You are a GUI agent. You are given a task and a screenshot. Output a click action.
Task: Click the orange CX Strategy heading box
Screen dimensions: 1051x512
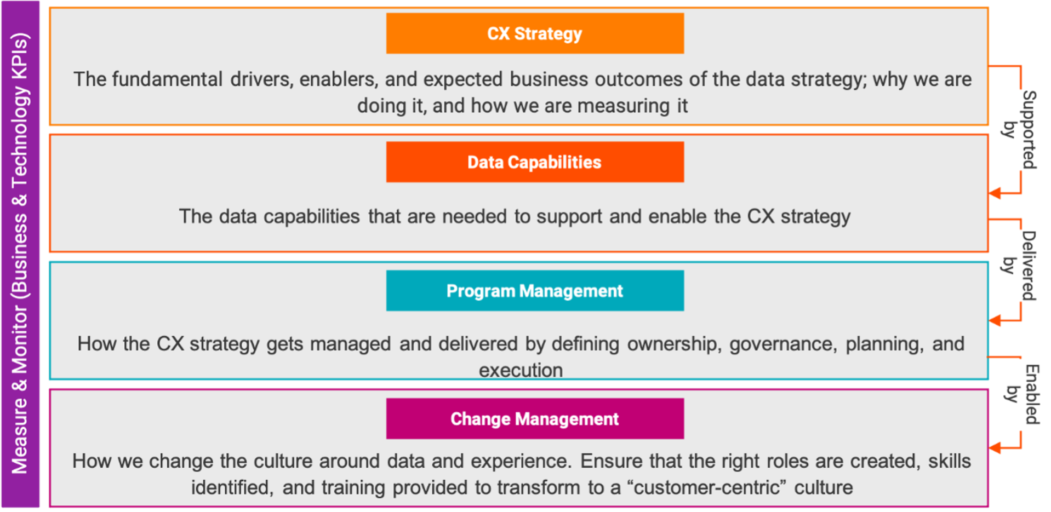535,33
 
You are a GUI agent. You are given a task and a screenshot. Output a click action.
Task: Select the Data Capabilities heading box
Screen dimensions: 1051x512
535,162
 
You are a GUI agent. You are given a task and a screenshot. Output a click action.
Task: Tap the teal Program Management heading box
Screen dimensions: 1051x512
535,291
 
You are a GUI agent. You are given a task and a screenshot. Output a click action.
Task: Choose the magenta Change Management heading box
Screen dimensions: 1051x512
535,419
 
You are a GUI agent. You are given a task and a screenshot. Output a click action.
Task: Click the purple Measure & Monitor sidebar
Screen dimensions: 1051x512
20,254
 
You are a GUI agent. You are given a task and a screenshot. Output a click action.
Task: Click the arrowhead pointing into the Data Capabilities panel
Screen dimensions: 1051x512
995,193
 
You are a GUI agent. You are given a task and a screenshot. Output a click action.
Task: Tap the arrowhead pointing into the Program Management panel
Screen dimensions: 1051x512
995,320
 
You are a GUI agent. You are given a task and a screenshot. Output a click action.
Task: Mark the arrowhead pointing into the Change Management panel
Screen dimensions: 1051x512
995,448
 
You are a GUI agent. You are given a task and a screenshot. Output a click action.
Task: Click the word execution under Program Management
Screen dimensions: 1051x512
521,370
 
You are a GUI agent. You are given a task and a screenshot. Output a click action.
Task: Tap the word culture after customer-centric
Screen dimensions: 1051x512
824,487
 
